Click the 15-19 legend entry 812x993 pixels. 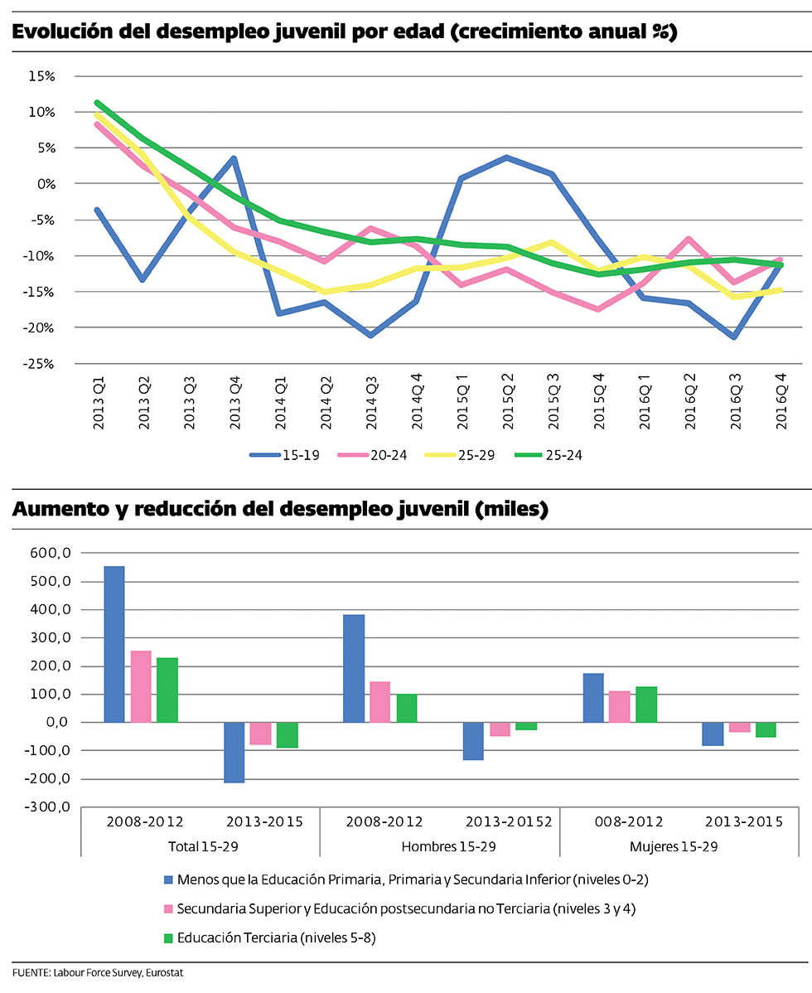(x=284, y=455)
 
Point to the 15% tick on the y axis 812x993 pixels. (x=41, y=76)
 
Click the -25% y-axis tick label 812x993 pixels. (x=39, y=364)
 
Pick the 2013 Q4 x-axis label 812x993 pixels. (x=236, y=401)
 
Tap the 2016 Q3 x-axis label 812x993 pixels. (x=735, y=401)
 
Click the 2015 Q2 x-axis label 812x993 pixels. (x=509, y=401)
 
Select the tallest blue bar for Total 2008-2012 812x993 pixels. (x=114, y=644)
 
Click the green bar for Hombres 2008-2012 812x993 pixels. (x=407, y=708)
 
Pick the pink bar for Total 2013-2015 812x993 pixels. (x=261, y=734)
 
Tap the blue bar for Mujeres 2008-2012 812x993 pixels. (x=593, y=698)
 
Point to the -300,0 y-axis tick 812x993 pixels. (x=53, y=807)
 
